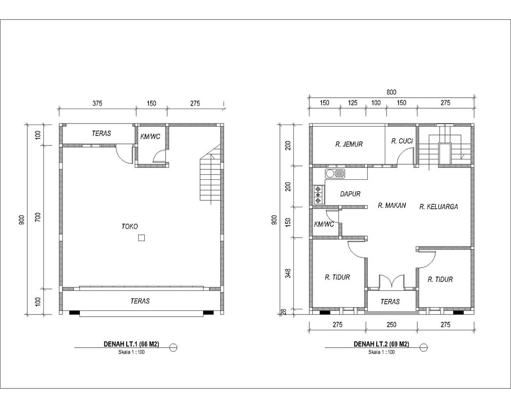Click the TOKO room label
pyautogui.click(x=130, y=226)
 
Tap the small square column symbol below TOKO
pyautogui.click(x=142, y=238)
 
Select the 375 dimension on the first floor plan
pyautogui.click(x=97, y=104)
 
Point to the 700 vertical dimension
pyautogui.click(x=38, y=217)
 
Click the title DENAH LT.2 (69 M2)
pyautogui.click(x=381, y=344)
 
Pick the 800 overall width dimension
pyautogui.click(x=391, y=92)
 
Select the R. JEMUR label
pyautogui.click(x=349, y=144)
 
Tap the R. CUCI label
pyautogui.click(x=402, y=141)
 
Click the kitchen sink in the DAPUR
pyautogui.click(x=335, y=173)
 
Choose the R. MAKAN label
pyautogui.click(x=392, y=205)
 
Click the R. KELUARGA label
pyautogui.click(x=439, y=206)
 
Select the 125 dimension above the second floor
pyautogui.click(x=352, y=103)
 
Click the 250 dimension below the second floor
pyautogui.click(x=391, y=325)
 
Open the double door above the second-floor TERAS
pyautogui.click(x=392, y=281)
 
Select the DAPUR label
pyautogui.click(x=350, y=194)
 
